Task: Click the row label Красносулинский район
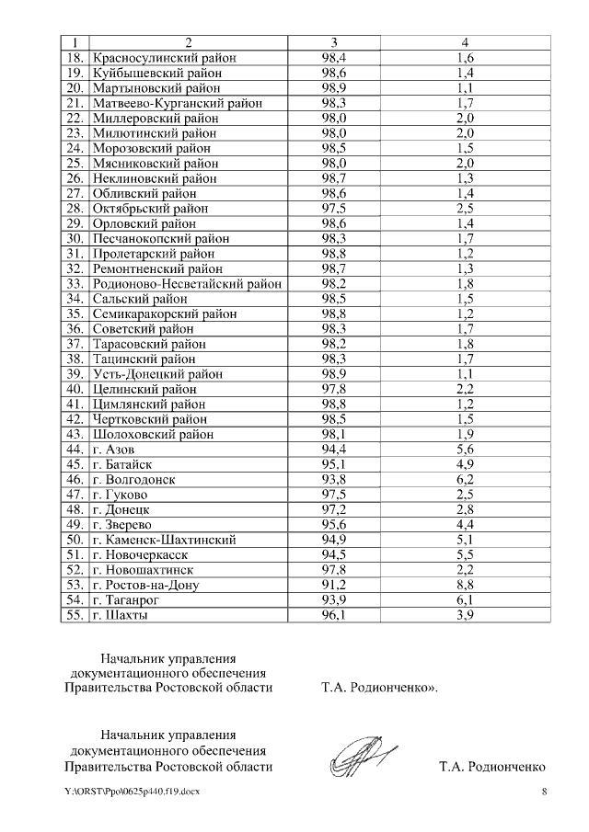(x=165, y=58)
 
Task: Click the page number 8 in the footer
(x=544, y=792)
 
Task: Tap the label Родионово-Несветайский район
(x=187, y=284)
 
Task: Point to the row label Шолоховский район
(x=153, y=434)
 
